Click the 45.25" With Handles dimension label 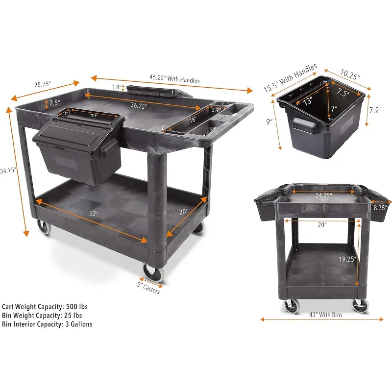pyautogui.click(x=174, y=78)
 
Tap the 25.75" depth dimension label pyautogui.click(x=43, y=84)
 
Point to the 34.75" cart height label pyautogui.click(x=8, y=171)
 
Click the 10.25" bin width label pyautogui.click(x=350, y=75)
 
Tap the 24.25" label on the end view pyautogui.click(x=323, y=195)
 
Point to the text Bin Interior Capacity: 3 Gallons pyautogui.click(x=48, y=324)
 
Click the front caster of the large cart pyautogui.click(x=154, y=272)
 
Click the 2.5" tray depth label pyautogui.click(x=54, y=103)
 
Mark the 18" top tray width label pyautogui.click(x=193, y=120)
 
